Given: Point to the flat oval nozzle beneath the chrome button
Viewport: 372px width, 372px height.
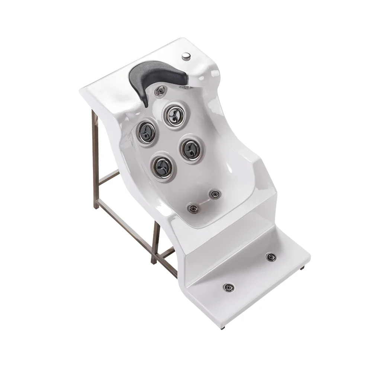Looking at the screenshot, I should point(185,88).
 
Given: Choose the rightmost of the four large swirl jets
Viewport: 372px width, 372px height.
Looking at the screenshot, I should point(191,149).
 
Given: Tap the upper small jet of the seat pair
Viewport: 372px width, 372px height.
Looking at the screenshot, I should point(215,194).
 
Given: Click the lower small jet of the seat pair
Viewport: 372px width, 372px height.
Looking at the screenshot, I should point(193,209).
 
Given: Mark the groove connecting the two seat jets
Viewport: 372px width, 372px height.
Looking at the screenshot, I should point(204,201).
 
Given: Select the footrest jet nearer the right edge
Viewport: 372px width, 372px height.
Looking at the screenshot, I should point(270,257).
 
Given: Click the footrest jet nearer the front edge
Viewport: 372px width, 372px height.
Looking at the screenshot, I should point(228,288).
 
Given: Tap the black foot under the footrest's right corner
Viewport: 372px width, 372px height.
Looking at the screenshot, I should point(302,267).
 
